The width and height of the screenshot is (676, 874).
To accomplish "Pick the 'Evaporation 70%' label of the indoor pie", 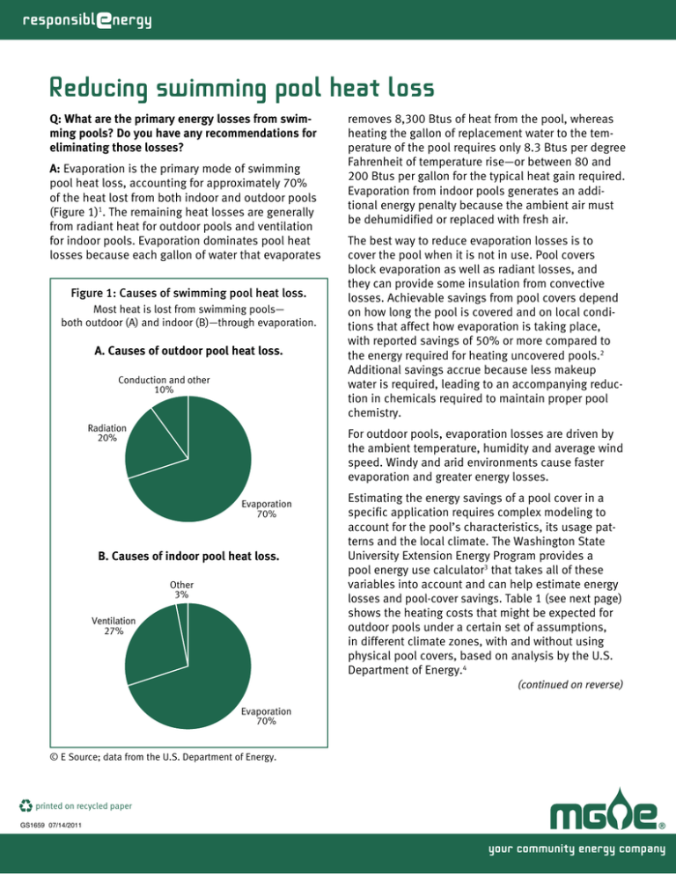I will tap(268, 716).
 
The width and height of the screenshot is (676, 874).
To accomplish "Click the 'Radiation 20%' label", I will tap(107, 433).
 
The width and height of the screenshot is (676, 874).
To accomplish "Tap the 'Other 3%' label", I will tap(182, 589).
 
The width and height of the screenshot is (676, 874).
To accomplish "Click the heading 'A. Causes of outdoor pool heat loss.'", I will tap(188, 352).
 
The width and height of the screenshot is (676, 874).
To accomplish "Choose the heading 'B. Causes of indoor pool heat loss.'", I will tap(188, 556).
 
